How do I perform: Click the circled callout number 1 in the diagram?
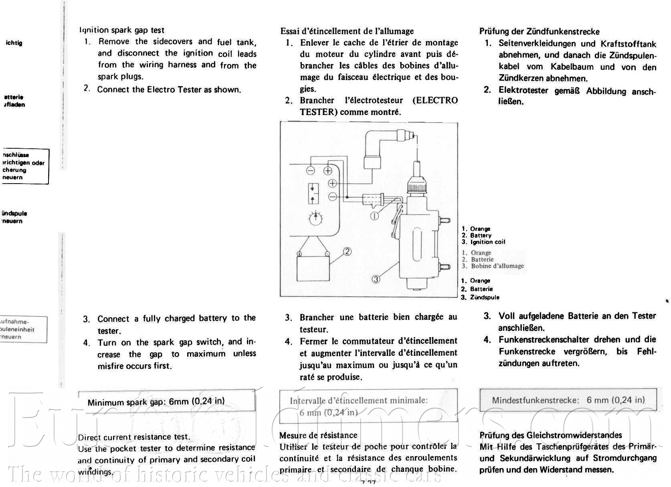coord(374,216)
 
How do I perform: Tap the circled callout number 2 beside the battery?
coord(347,251)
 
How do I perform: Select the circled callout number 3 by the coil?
coord(376,279)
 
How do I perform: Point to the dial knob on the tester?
coord(316,218)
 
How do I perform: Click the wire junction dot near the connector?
coord(347,197)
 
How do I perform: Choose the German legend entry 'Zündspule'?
coord(485,297)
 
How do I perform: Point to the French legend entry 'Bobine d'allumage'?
coord(497,266)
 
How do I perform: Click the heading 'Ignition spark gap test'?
coord(122,30)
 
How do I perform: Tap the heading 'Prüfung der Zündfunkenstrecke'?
coord(540,32)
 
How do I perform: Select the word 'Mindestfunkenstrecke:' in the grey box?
coord(536,400)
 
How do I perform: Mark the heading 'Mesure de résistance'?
coord(318,435)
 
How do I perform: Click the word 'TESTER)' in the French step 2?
coord(317,112)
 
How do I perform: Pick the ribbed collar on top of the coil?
coord(418,186)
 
